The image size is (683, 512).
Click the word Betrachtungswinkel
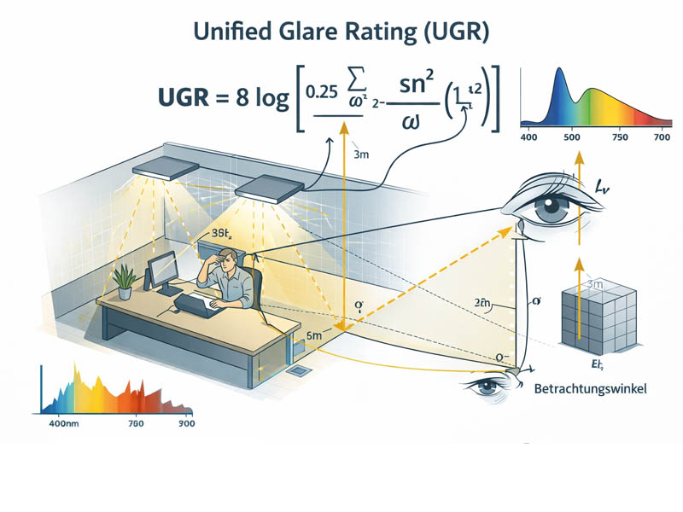pyautogui.click(x=590, y=389)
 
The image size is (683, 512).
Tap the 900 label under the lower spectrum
pyautogui.click(x=185, y=423)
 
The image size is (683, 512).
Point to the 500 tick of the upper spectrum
pyautogui.click(x=569, y=137)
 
